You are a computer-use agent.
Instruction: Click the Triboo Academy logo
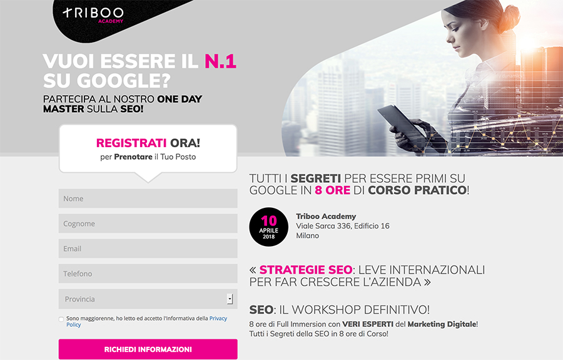pyautogui.click(x=93, y=15)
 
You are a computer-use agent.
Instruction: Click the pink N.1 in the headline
pyautogui.click(x=220, y=61)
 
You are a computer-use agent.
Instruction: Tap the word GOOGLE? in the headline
pyautogui.click(x=123, y=81)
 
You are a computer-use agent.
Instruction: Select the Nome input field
pyautogui.click(x=148, y=198)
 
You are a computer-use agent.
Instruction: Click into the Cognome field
pyautogui.click(x=148, y=224)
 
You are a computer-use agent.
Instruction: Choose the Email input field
pyautogui.click(x=148, y=249)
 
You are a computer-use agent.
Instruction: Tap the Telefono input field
pyautogui.click(x=148, y=274)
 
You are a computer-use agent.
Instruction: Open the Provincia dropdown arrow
pyautogui.click(x=230, y=299)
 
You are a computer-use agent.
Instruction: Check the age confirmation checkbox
pyautogui.click(x=61, y=319)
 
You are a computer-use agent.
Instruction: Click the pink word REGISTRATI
pyautogui.click(x=131, y=143)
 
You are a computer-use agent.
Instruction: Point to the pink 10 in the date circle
pyautogui.click(x=269, y=220)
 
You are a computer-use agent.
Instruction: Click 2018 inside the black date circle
pyautogui.click(x=268, y=237)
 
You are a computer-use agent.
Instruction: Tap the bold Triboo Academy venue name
pyautogui.click(x=326, y=216)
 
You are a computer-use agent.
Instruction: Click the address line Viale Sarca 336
pyautogui.click(x=343, y=226)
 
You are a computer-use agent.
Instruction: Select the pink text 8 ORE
pyautogui.click(x=333, y=190)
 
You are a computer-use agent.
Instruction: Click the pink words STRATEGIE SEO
pyautogui.click(x=306, y=270)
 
